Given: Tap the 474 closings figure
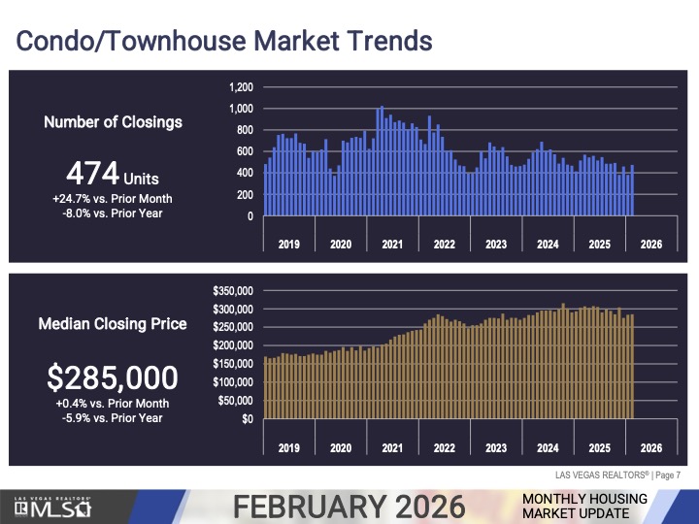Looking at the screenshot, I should pyautogui.click(x=112, y=177).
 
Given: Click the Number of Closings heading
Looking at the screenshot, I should pyautogui.click(x=113, y=122).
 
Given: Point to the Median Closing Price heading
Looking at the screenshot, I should pyautogui.click(x=113, y=324).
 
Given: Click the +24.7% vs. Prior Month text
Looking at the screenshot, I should pyautogui.click(x=113, y=198).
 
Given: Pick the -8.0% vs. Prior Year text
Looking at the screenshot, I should pyautogui.click(x=113, y=213).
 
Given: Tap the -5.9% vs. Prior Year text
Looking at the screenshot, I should pyautogui.click(x=113, y=418).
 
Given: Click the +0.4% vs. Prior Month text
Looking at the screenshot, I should pyautogui.click(x=113, y=404).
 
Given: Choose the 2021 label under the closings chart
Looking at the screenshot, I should pyautogui.click(x=392, y=244).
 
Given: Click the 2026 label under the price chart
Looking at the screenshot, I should pyautogui.click(x=651, y=447).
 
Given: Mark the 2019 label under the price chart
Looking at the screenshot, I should pyautogui.click(x=288, y=447).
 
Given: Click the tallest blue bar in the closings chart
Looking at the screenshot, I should pyautogui.click(x=382, y=161).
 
